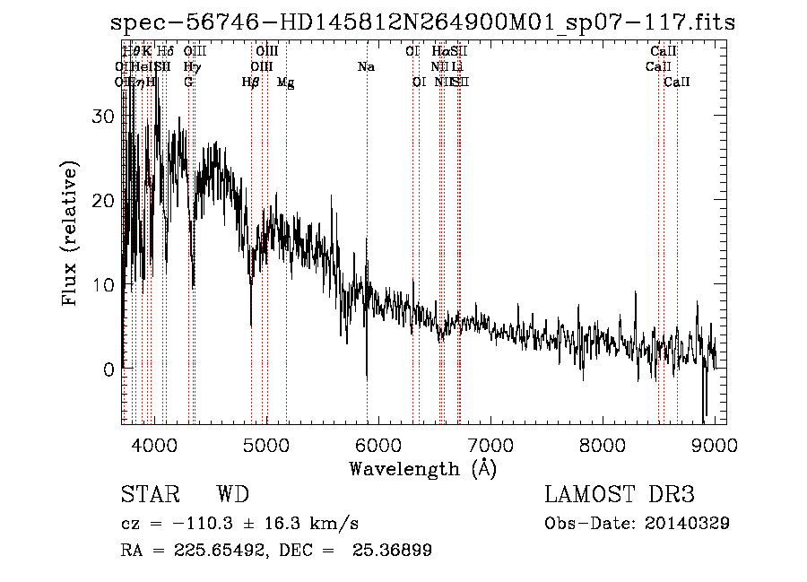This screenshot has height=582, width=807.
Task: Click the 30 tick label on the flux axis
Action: click(104, 117)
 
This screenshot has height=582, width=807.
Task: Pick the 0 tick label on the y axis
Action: click(109, 369)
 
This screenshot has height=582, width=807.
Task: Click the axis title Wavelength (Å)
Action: click(422, 468)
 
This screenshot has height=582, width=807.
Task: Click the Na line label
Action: click(366, 66)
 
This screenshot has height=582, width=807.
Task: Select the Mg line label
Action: click(285, 83)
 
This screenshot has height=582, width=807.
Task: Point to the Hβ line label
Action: click(251, 83)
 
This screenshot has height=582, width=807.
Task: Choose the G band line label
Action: click(188, 83)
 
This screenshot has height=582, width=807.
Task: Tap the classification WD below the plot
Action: click(232, 495)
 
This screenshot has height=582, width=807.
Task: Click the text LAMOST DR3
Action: click(620, 495)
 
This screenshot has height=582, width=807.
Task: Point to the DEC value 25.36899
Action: click(395, 551)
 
